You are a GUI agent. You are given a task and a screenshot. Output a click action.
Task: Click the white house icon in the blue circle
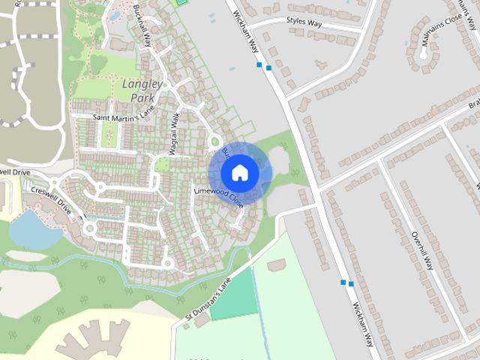[x=240, y=173]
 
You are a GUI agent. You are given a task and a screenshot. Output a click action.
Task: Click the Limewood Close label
[x=219, y=197]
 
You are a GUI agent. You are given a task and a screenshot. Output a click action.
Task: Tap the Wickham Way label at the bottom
[x=363, y=324]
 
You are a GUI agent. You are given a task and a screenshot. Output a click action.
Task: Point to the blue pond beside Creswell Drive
[x=34, y=229]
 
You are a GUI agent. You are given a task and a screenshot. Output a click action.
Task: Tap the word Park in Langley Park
[x=142, y=97]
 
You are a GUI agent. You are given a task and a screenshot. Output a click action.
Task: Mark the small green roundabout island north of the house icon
[x=215, y=140]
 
